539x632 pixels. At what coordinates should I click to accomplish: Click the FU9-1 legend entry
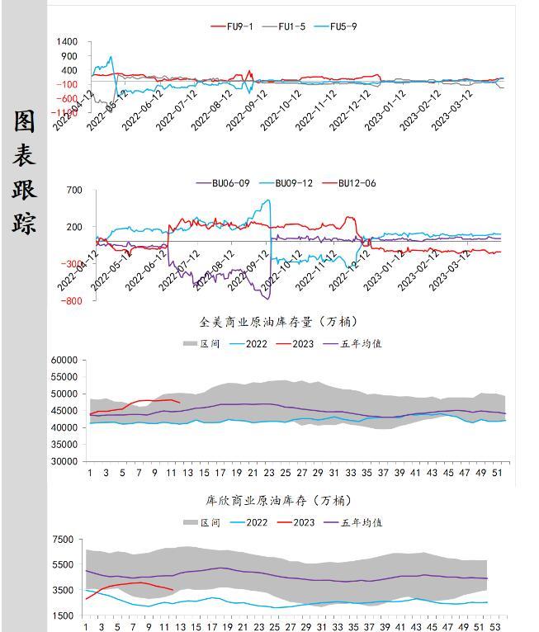click(x=240, y=26)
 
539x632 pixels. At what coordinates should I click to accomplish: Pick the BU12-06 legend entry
click(x=357, y=183)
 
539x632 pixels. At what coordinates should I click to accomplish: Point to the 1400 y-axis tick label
click(x=68, y=42)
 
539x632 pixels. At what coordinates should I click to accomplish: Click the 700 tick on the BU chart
click(x=74, y=191)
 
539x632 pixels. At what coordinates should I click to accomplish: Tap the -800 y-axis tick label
click(x=71, y=301)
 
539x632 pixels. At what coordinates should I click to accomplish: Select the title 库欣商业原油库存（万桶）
click(x=278, y=500)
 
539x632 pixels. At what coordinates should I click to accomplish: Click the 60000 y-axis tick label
click(x=64, y=361)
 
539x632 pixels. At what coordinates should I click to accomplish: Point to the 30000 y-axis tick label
click(x=64, y=462)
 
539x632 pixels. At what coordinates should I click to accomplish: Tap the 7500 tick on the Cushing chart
click(x=63, y=540)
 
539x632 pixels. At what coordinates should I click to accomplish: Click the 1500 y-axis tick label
click(x=63, y=615)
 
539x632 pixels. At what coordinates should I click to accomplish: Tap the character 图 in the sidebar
click(x=25, y=121)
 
